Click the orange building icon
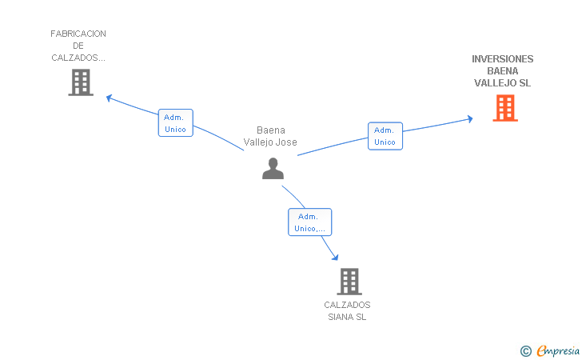[505, 108]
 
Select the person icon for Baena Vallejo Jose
[273, 168]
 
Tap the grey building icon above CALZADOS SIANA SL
[349, 282]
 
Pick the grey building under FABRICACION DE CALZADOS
[81, 82]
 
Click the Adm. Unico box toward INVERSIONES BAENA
[385, 136]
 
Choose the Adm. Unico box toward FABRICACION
[176, 123]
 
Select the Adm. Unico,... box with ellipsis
[309, 222]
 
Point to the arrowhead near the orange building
[470, 119]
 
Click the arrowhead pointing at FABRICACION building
[109, 98]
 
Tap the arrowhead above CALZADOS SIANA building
[335, 257]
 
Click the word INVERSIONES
[503, 58]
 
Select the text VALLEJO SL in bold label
[503, 83]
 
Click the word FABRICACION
[78, 34]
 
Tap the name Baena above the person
[271, 130]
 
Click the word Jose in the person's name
[288, 142]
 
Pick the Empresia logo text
[558, 351]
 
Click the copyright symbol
[526, 351]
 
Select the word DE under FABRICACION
[78, 46]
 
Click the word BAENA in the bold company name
[503, 71]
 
